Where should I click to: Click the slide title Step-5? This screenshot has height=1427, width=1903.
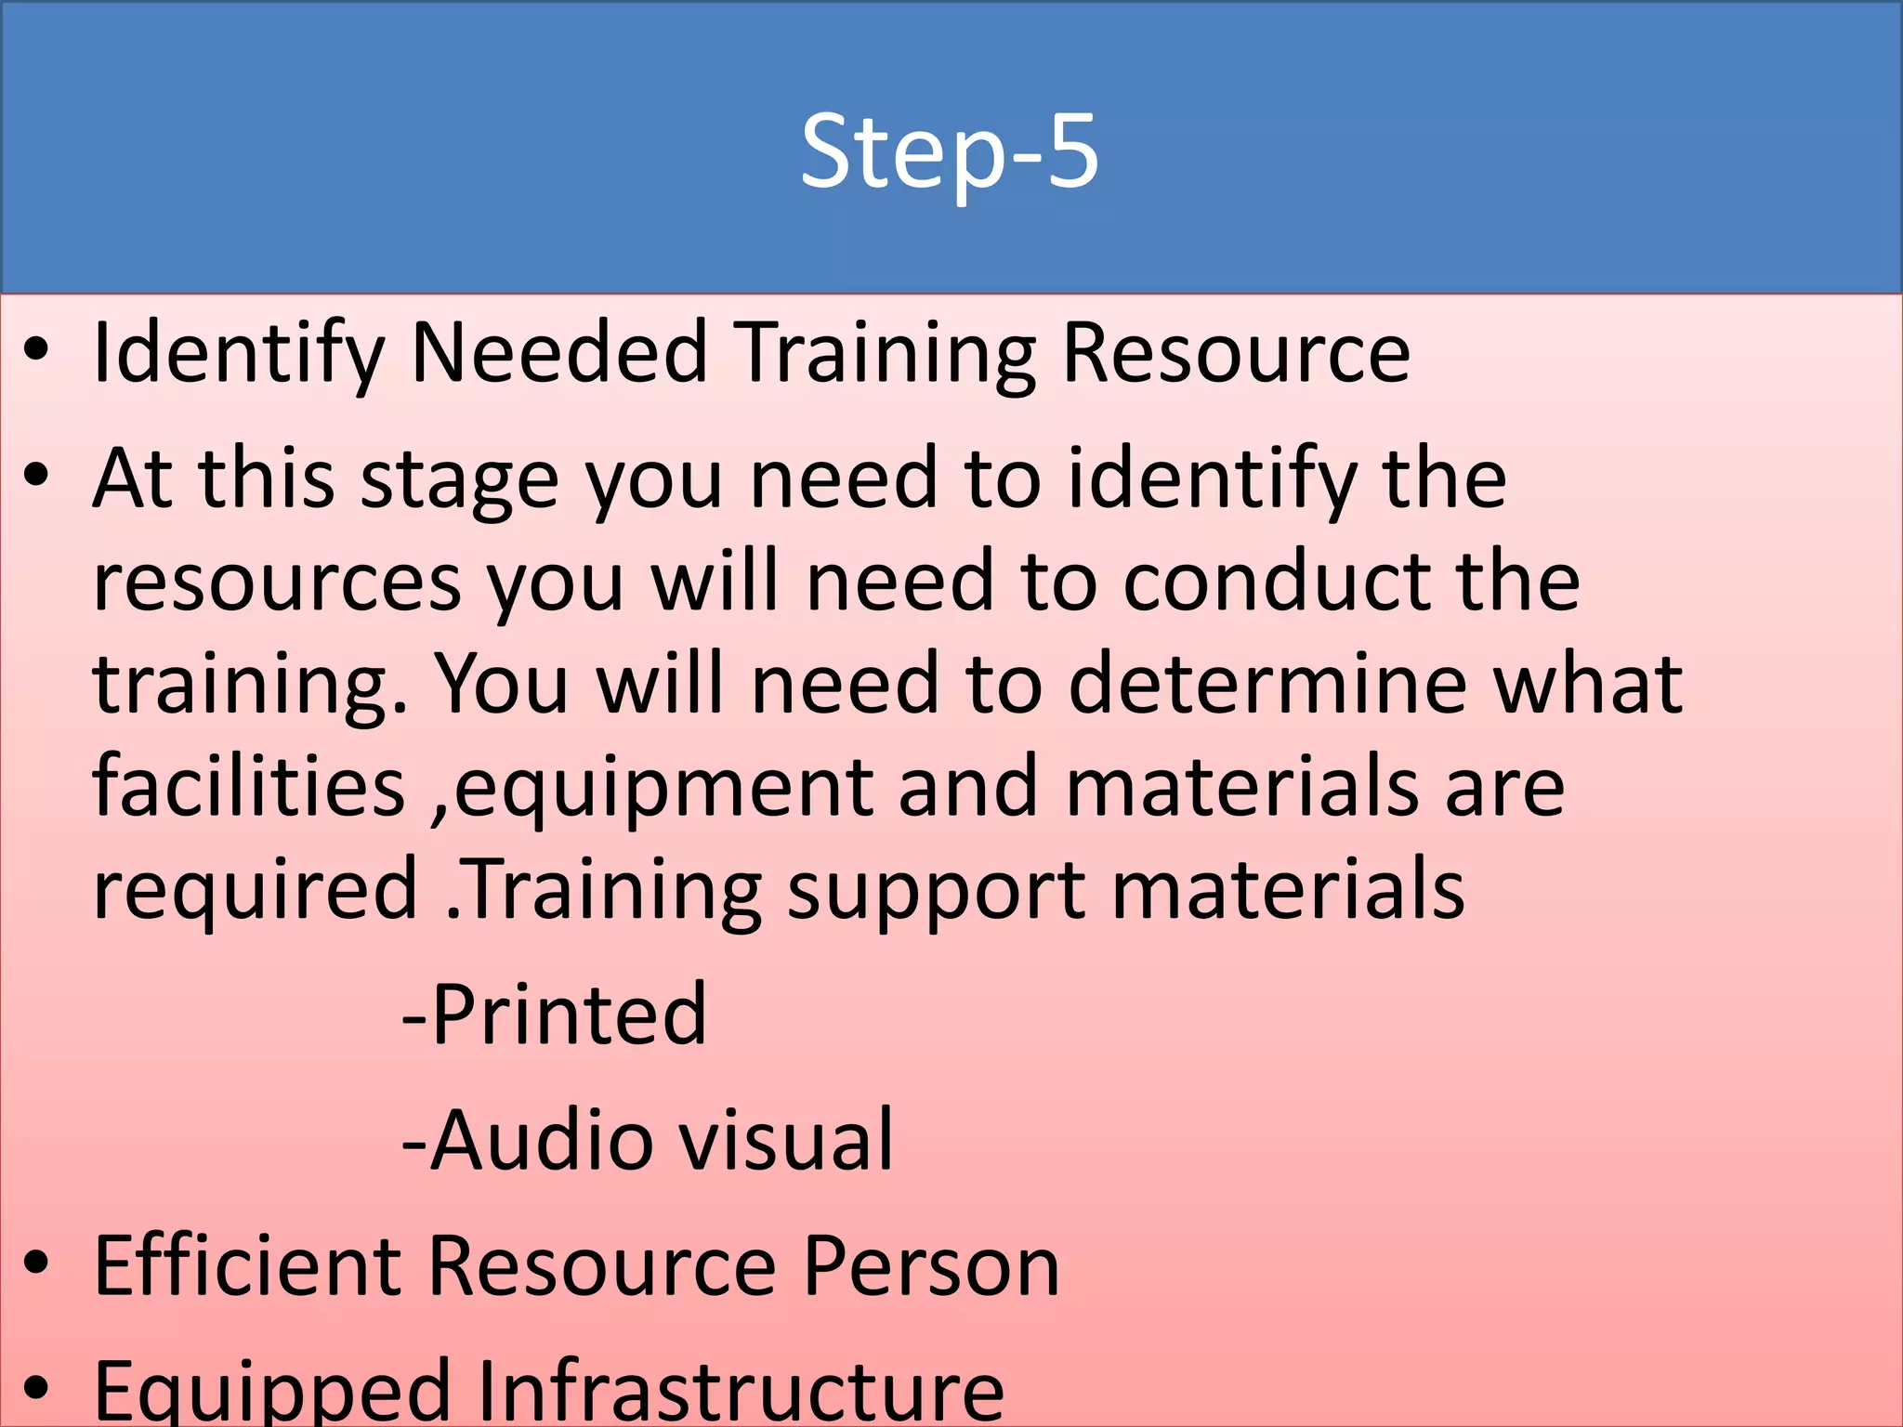[950, 151]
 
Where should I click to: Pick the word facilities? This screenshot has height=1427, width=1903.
[249, 787]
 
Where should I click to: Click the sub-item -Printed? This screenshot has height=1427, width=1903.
[555, 1015]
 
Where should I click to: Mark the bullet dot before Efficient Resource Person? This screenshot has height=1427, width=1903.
[36, 1263]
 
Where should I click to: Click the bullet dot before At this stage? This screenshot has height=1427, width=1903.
[36, 477]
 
